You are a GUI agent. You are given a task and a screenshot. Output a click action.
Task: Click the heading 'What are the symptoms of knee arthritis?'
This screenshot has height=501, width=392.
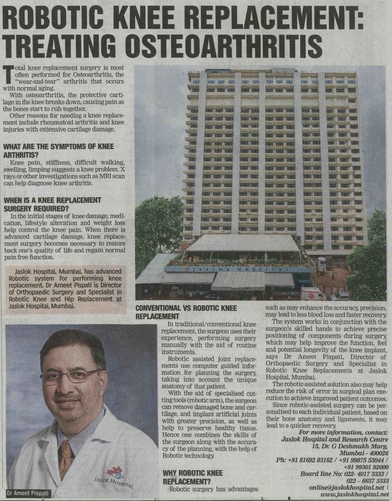coord(59,150)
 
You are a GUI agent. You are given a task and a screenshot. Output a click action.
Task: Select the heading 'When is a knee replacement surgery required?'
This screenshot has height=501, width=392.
coord(52,204)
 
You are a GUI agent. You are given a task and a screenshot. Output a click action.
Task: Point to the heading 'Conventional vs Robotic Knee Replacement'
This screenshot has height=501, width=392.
coord(186,312)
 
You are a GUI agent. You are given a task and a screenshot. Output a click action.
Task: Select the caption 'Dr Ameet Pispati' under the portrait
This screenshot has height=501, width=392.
coord(28,493)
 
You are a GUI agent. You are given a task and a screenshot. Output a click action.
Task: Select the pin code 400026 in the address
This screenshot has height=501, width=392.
coord(378,453)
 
